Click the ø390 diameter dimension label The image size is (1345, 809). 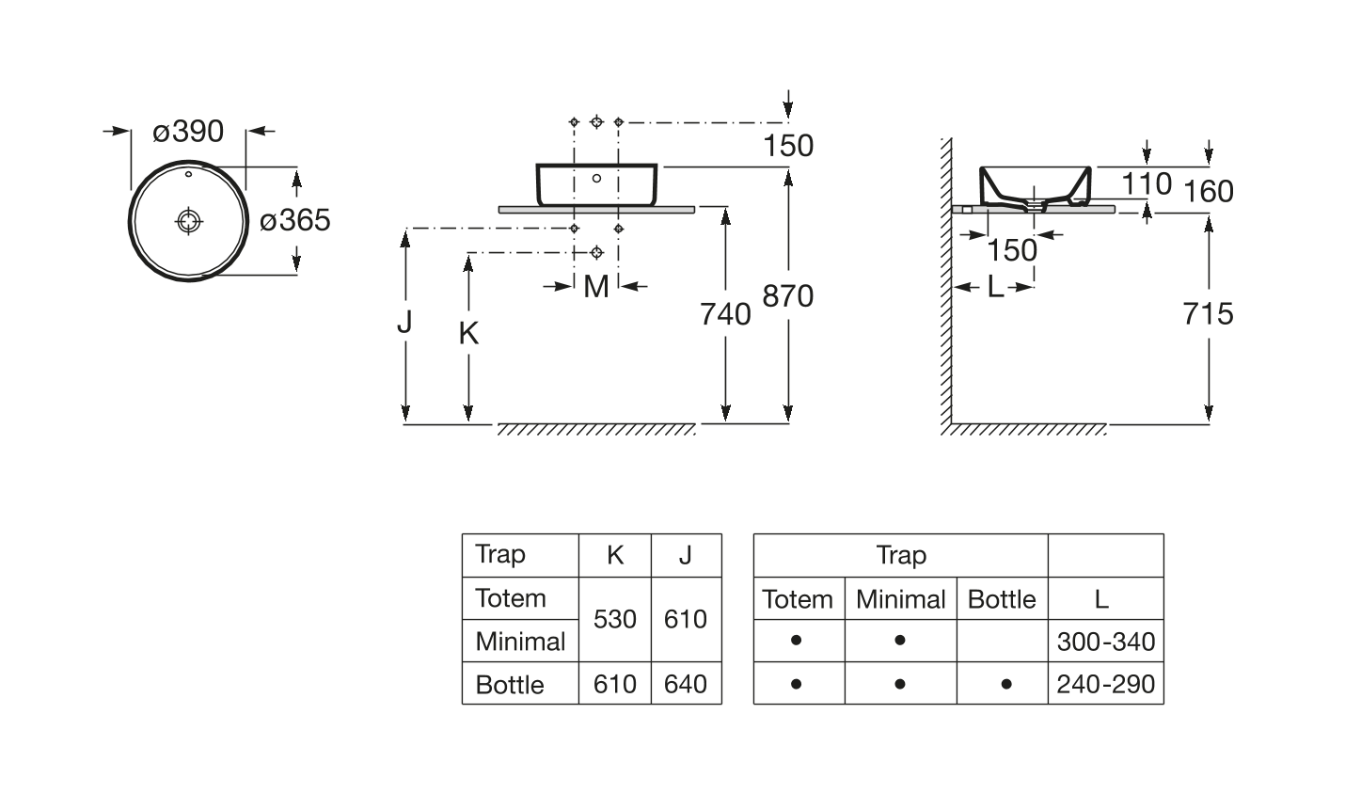click(x=188, y=132)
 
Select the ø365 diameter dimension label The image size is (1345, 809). click(x=295, y=221)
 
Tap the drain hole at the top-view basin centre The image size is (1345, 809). click(x=189, y=221)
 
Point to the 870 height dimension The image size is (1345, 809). click(x=787, y=296)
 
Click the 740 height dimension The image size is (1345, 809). click(x=725, y=313)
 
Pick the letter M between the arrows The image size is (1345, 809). click(x=596, y=287)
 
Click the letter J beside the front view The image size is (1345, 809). click(x=404, y=322)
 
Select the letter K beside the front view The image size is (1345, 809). click(x=468, y=333)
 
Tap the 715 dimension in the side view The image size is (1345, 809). click(x=1208, y=313)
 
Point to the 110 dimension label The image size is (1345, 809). click(x=1146, y=184)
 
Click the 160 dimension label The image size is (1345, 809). click(x=1209, y=192)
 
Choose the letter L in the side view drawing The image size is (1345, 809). click(x=995, y=287)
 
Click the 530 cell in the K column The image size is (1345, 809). click(x=615, y=619)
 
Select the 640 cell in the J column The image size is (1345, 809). click(x=686, y=684)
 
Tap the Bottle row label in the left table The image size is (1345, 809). click(x=510, y=685)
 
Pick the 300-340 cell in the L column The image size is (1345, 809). click(x=1105, y=642)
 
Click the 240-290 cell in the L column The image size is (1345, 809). click(x=1105, y=684)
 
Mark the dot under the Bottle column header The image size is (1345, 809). click(x=1006, y=684)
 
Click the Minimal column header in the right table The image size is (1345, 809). click(x=900, y=599)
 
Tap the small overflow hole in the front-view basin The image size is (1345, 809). click(x=596, y=178)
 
